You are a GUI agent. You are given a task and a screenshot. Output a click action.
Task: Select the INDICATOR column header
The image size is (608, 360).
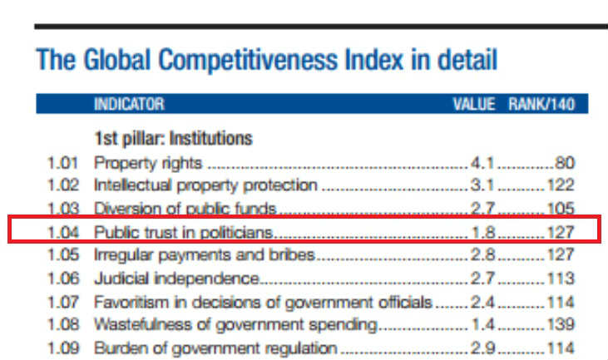point(129,105)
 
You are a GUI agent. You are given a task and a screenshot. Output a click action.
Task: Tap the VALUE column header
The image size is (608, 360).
point(473,105)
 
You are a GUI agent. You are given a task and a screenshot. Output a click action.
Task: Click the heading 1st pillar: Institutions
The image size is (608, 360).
point(173,138)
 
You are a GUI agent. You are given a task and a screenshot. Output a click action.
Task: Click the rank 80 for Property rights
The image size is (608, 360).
point(565,161)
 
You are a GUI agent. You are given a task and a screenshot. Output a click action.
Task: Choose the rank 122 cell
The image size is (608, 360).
point(560,185)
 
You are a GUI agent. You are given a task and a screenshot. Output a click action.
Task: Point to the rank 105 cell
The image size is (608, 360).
point(560,208)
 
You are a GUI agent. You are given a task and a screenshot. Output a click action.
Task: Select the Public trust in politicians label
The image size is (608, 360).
point(184,230)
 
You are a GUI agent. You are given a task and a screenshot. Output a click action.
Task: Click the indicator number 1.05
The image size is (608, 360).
point(63,254)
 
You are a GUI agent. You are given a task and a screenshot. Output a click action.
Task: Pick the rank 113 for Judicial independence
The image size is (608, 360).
point(560,277)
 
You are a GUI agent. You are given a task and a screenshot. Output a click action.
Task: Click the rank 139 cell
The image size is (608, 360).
point(560,323)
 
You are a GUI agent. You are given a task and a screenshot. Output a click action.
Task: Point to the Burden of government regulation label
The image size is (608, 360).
point(215,347)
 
